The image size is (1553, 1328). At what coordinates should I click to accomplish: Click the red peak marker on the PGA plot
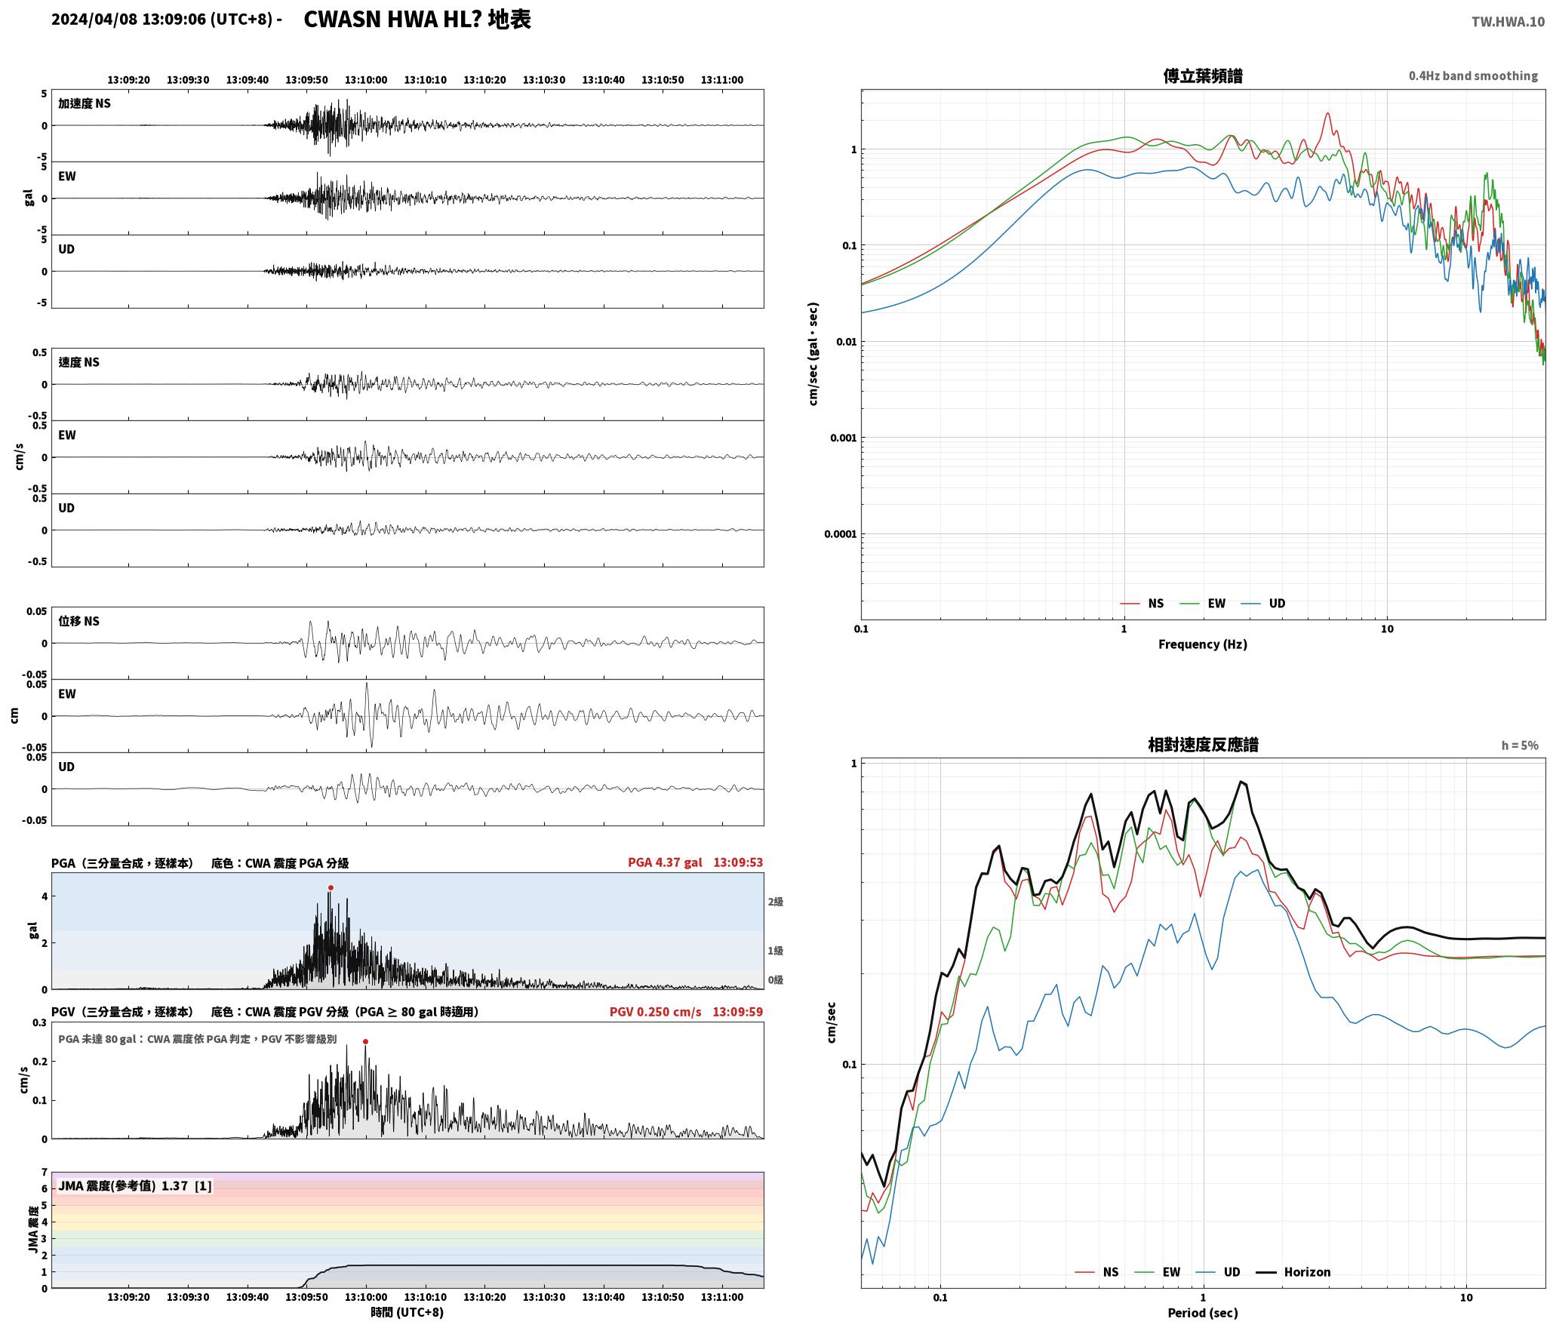[331, 887]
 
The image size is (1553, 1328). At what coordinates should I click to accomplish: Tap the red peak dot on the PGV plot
[365, 1041]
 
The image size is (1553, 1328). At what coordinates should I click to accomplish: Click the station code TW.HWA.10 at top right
[1508, 22]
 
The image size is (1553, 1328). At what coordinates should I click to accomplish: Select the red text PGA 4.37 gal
[665, 862]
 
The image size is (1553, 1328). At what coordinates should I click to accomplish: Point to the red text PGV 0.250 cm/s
[655, 1012]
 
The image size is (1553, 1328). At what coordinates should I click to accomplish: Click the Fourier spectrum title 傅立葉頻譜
[1203, 75]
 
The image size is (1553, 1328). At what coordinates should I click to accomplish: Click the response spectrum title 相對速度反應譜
[1203, 745]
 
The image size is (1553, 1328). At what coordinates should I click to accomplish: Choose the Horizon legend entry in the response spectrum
[1293, 1271]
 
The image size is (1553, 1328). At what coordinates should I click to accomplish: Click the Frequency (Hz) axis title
[1203, 644]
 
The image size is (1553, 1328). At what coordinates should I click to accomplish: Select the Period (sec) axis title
[1203, 1312]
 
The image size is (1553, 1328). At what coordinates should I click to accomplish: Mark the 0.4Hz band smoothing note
[1473, 75]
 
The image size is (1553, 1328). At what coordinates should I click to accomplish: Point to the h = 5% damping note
[1520, 745]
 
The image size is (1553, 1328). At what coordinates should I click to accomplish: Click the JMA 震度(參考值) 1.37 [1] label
[135, 1185]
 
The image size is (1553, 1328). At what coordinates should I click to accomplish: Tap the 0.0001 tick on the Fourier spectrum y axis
[840, 534]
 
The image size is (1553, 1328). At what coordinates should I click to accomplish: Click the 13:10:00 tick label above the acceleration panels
[366, 79]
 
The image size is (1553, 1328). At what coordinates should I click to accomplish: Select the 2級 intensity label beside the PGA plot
[776, 902]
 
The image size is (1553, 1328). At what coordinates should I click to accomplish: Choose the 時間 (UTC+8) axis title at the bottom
[407, 1312]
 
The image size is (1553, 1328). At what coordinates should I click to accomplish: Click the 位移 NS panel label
[79, 621]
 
